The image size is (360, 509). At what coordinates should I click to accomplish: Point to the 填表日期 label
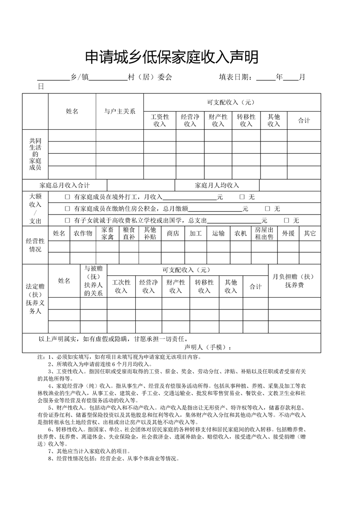click(x=236, y=77)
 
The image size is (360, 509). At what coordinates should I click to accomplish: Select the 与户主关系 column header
click(x=119, y=112)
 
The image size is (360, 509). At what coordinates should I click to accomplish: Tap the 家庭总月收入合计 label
click(x=64, y=185)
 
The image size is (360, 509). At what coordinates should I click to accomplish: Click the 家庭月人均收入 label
click(x=217, y=185)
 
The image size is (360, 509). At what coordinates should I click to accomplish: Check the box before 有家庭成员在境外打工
click(x=67, y=197)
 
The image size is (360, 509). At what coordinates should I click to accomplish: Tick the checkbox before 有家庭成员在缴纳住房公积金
click(x=67, y=209)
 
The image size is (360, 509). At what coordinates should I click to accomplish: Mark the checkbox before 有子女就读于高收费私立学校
click(x=67, y=220)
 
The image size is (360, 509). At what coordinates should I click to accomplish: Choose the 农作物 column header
click(x=83, y=233)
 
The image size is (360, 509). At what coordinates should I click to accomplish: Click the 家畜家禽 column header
click(x=108, y=233)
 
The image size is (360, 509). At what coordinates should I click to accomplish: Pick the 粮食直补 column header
click(x=129, y=233)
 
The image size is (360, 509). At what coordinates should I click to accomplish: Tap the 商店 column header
click(x=173, y=233)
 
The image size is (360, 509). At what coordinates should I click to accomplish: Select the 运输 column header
click(x=218, y=233)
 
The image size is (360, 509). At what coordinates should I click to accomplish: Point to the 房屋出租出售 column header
click(x=264, y=233)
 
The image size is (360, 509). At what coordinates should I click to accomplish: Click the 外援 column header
click(x=288, y=233)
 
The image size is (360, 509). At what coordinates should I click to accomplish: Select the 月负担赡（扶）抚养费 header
click(x=293, y=281)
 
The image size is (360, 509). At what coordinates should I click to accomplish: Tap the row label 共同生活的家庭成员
click(x=35, y=154)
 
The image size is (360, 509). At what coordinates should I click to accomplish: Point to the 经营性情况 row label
click(x=35, y=245)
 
